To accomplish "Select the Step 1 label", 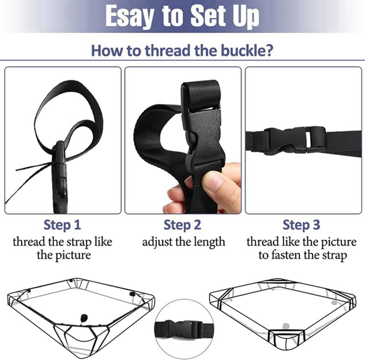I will (62, 225).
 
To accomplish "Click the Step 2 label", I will (182, 225).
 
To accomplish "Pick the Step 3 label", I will (301, 225).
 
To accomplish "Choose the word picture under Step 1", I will (64, 255).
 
